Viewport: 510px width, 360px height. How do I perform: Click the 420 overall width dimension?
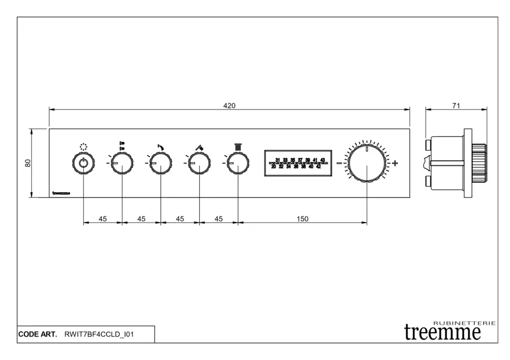pos(229,106)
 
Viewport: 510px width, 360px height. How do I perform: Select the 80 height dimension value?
pos(28,163)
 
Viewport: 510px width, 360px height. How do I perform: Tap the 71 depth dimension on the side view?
pos(456,106)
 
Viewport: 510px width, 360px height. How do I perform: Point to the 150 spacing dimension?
pos(302,219)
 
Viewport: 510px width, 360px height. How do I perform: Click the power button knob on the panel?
pos(83,163)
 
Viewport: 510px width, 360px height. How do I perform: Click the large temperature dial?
pos(367,163)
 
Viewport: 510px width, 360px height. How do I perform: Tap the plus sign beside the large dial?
pos(395,163)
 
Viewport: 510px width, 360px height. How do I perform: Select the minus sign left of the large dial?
pos(339,163)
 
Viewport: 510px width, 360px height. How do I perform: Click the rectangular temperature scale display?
pos(298,163)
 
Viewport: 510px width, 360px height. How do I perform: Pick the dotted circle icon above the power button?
pos(83,147)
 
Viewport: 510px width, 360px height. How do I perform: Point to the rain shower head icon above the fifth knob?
pos(238,146)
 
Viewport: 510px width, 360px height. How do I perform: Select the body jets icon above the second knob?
pos(122,146)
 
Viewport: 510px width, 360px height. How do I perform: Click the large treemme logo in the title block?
pos(442,332)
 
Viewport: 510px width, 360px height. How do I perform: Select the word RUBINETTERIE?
pos(465,323)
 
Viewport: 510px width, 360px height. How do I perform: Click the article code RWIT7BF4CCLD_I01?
pos(99,335)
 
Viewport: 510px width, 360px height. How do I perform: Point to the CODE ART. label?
pos(38,335)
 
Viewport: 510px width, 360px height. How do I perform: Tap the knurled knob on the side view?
pos(479,163)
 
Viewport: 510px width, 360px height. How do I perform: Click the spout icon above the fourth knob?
pos(199,146)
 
